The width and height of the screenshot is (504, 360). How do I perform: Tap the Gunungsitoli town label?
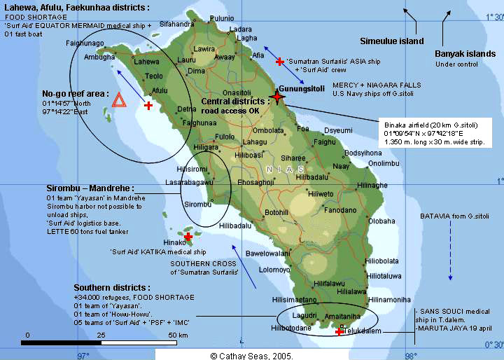point(302,89)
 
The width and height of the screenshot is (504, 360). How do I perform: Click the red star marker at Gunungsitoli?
point(278,97)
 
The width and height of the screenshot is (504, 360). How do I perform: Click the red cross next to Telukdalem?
point(339,331)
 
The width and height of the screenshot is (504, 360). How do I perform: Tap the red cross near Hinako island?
point(188,237)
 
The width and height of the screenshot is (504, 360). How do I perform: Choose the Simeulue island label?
point(391,41)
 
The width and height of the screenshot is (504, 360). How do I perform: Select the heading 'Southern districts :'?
point(112,288)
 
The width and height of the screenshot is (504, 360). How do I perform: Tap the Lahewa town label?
point(147,62)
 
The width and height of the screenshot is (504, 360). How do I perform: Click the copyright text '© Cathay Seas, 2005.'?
point(252,355)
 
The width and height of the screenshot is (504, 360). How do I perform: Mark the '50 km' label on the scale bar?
point(177,335)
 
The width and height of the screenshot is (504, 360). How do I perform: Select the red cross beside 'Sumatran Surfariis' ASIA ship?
point(280,62)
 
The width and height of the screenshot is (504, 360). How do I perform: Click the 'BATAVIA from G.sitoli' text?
point(449,216)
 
